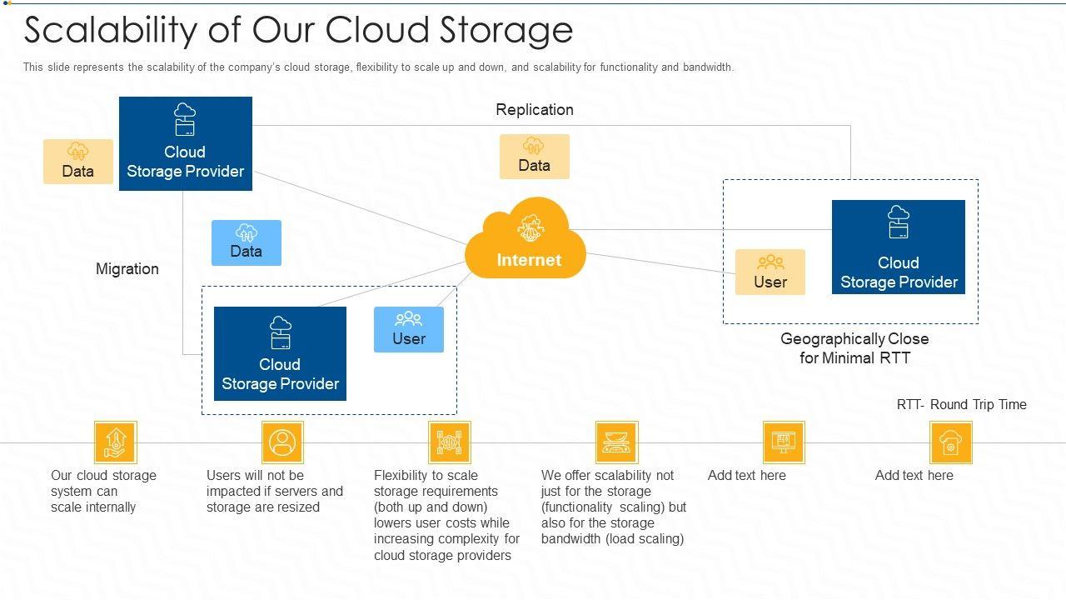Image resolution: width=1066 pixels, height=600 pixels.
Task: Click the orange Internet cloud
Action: (526, 242)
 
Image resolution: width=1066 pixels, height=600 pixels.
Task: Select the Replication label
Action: (535, 109)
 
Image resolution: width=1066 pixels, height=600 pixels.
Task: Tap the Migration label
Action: (127, 268)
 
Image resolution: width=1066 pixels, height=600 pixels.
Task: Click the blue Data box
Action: (247, 242)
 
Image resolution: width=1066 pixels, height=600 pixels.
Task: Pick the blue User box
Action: (409, 329)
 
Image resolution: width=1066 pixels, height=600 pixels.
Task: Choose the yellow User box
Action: (770, 272)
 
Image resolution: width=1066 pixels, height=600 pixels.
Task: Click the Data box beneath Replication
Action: (535, 156)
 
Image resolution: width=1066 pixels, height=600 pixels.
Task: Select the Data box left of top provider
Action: (78, 161)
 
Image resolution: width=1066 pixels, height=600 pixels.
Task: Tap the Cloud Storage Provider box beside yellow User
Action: (899, 247)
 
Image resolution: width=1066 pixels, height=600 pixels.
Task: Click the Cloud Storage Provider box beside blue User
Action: (280, 353)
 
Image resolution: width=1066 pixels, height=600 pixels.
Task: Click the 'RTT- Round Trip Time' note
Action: (961, 404)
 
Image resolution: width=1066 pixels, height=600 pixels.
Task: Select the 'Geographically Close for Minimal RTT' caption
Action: (854, 348)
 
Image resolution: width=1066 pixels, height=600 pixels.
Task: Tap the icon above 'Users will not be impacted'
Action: (282, 442)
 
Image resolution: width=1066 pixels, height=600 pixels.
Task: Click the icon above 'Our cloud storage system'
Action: (115, 442)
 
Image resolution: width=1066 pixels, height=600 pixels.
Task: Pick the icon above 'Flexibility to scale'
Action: (450, 442)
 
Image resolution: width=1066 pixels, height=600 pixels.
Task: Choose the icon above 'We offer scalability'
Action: (616, 442)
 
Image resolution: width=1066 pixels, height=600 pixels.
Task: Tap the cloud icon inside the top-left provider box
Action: (185, 119)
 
